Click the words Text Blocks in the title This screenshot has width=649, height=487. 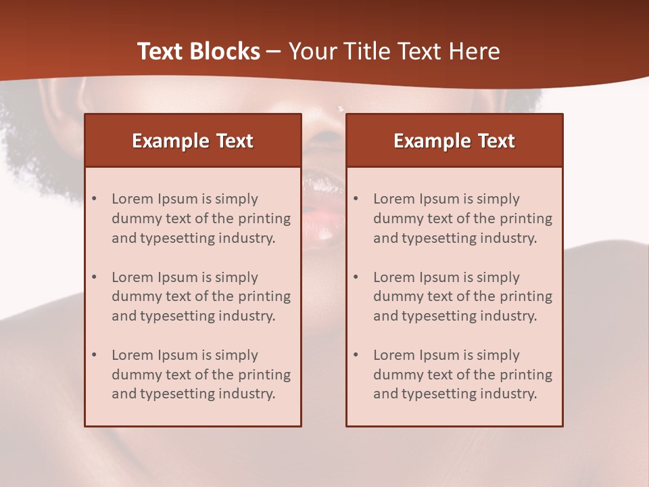[199, 51]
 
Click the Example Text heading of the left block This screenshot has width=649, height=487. [193, 141]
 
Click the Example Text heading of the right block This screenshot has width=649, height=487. [454, 141]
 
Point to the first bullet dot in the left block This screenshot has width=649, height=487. [95, 199]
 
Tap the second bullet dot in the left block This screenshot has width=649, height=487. [95, 277]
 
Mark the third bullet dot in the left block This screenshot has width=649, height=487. [95, 355]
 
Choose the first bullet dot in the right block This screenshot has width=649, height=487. [356, 199]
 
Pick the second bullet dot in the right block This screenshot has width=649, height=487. [356, 277]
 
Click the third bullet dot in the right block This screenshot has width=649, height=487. [356, 355]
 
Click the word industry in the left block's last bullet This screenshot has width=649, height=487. [246, 394]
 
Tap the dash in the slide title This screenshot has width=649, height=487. [274, 51]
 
